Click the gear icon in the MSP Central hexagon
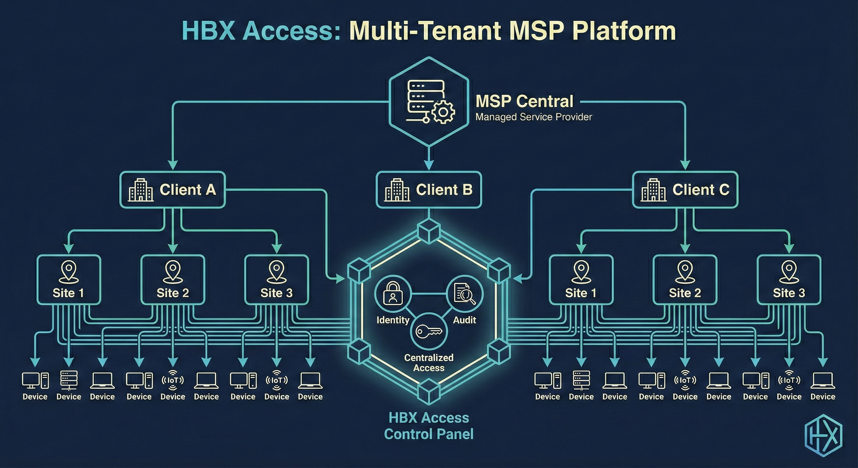[x=443, y=112]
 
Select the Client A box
[x=172, y=190]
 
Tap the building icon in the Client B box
[x=397, y=190]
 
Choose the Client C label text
[x=701, y=190]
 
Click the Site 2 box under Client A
[x=172, y=280]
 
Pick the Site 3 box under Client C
[x=789, y=280]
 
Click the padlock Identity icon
[x=393, y=293]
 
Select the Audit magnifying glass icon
[x=465, y=293]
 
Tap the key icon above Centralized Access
[x=429, y=331]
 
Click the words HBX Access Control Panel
[x=429, y=426]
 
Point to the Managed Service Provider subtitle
[x=534, y=117]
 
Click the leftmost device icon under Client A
[x=35, y=380]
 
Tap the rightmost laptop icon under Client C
[x=823, y=380]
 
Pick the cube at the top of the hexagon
[x=429, y=231]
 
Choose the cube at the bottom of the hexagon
[x=429, y=392]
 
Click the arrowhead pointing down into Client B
[x=429, y=164]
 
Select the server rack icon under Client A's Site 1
[x=69, y=380]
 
